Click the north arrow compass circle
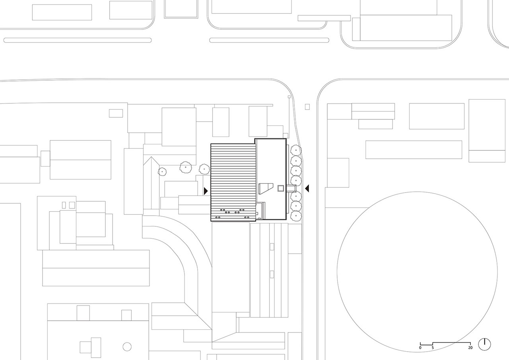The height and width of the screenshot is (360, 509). [x=484, y=344]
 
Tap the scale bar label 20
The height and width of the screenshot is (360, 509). [x=470, y=348]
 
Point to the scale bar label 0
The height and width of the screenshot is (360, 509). [x=420, y=348]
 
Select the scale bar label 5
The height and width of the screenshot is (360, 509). [x=433, y=348]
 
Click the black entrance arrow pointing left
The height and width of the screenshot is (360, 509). [x=307, y=188]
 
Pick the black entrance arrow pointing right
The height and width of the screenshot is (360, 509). [x=206, y=191]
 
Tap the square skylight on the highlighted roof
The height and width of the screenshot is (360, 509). [x=280, y=188]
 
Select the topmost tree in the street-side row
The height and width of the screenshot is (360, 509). [x=296, y=150]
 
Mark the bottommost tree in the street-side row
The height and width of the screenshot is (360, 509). [x=296, y=216]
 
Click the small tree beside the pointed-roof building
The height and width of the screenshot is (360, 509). [x=162, y=171]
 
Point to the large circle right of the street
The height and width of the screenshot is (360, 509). [x=417, y=271]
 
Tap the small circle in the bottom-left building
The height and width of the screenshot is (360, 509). [x=127, y=346]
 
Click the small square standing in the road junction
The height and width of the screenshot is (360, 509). [x=307, y=106]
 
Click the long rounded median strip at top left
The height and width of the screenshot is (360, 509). [x=78, y=40]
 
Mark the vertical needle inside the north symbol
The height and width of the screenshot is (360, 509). [x=484, y=342]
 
